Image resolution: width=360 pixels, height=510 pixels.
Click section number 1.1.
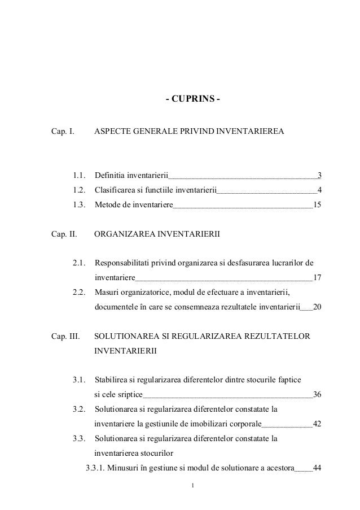pos(81,175)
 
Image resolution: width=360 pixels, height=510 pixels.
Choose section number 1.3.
pos(81,204)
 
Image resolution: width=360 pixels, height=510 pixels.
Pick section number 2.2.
pos(81,292)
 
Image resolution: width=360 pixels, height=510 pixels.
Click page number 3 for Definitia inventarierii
pos(319,175)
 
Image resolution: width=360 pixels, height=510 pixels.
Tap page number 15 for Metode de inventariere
pos(317,204)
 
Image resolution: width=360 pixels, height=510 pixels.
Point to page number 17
pos(317,277)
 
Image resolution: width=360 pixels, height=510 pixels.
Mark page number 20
pos(317,307)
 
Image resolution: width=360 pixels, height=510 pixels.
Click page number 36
pos(317,394)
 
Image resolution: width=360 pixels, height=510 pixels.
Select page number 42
pos(317,423)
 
